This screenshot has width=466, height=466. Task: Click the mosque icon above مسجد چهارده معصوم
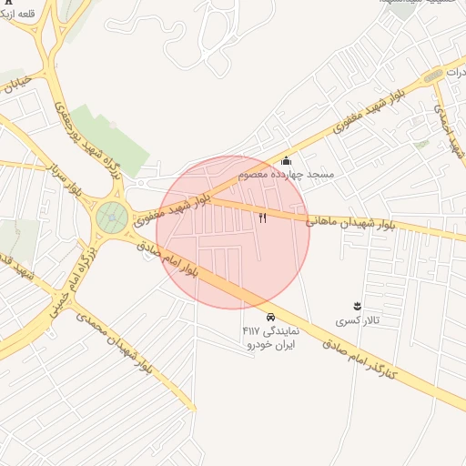(286, 160)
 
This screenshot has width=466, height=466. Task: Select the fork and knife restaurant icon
(263, 218)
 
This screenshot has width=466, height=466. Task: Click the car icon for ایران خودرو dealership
(270, 317)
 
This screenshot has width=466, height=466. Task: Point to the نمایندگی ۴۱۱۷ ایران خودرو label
(270, 338)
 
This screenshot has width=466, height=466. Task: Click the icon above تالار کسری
(356, 306)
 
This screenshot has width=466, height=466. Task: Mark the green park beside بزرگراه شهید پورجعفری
(109, 138)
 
